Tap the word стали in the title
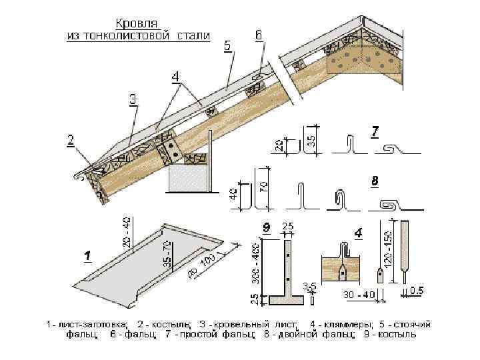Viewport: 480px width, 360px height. tap(191, 34)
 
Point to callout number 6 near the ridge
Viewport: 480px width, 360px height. tap(259, 34)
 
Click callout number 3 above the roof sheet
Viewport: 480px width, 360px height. tap(133, 99)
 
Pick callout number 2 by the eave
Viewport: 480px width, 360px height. tap(71, 140)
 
